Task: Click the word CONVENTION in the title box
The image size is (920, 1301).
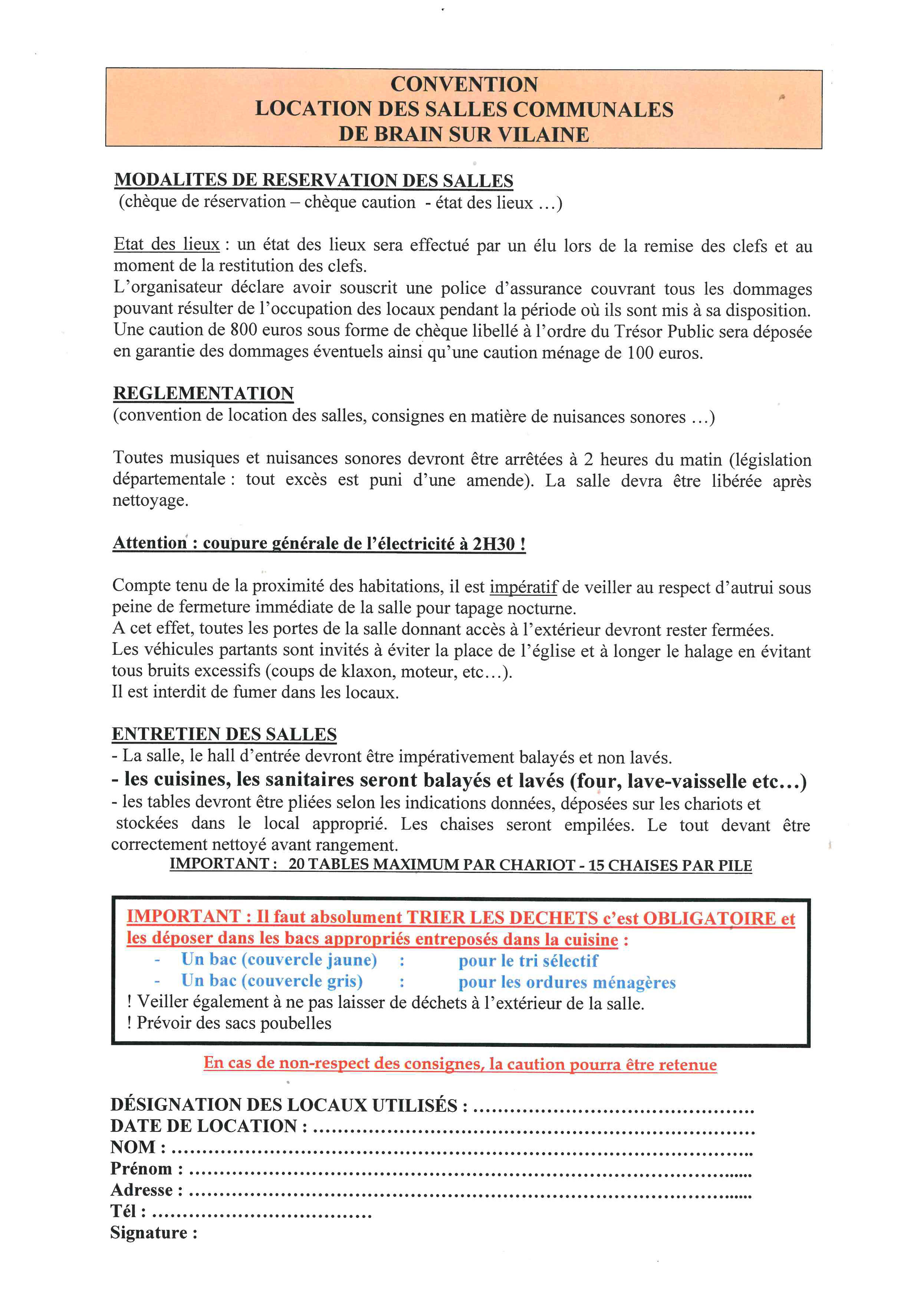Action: [x=464, y=85]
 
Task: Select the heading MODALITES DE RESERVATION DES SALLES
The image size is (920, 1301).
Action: [x=314, y=180]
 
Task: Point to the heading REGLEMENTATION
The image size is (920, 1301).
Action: [x=203, y=393]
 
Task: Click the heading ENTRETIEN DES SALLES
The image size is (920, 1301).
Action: [x=224, y=735]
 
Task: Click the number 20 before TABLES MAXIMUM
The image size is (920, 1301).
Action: [x=296, y=865]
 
